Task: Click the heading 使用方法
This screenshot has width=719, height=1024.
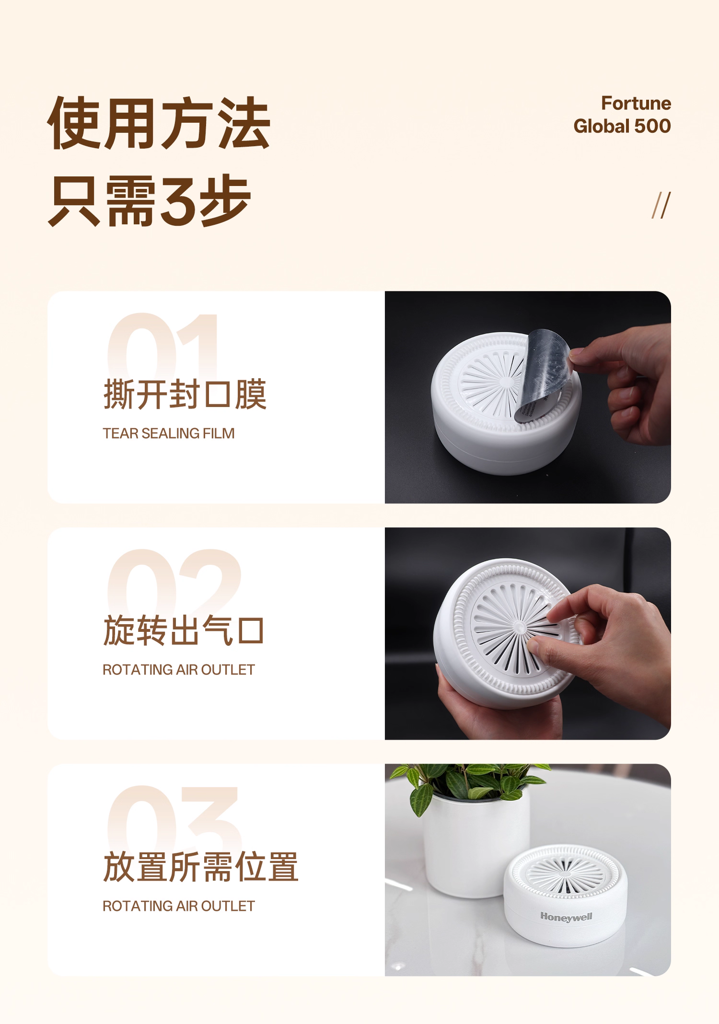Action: tap(159, 123)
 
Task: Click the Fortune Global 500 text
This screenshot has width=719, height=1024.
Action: tap(622, 115)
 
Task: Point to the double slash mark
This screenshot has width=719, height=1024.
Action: tap(661, 206)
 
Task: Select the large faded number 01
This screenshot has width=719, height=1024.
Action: tap(163, 345)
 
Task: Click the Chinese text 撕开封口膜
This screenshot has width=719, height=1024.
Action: tap(185, 395)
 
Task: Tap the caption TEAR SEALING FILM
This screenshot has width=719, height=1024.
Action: tap(169, 433)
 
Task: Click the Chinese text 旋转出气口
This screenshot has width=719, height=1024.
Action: tap(184, 631)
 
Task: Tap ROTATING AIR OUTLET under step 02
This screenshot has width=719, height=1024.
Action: tap(179, 670)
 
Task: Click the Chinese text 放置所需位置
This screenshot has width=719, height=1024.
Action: tap(201, 867)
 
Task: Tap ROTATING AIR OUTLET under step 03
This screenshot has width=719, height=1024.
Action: tap(179, 906)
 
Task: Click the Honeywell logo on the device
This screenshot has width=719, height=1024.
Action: tap(566, 917)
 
